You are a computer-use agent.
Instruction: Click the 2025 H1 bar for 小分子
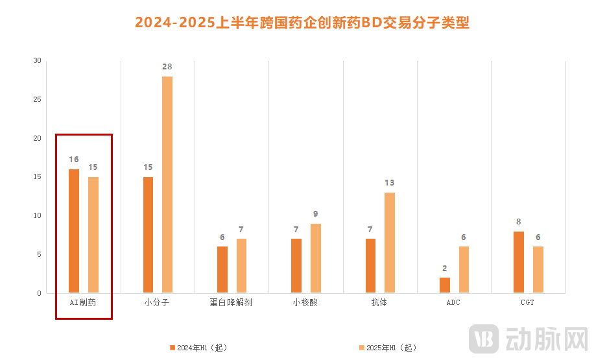pos(167,185)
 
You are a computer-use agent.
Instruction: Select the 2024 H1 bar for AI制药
pos(74,231)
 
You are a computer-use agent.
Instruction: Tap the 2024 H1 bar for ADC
pos(444,285)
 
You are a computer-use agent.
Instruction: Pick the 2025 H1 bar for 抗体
pos(389,243)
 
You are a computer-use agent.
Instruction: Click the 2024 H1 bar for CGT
pos(519,262)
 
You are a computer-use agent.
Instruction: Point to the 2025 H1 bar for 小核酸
pos(315,258)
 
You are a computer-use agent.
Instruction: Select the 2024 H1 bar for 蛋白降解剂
pos(222,270)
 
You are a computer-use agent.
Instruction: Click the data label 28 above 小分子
pos(167,67)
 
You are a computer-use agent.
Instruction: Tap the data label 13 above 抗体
pos(389,183)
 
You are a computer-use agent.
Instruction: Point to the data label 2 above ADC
pos(444,268)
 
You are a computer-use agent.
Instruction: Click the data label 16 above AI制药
pos(74,160)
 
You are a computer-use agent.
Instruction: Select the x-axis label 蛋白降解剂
pos(231,303)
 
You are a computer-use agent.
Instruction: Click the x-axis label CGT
pos(528,303)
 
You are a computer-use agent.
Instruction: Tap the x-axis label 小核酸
pos(305,303)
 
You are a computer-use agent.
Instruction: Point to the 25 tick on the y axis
pos(37,100)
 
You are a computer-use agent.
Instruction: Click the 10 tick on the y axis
pos(37,216)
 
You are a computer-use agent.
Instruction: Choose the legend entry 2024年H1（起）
pos(198,348)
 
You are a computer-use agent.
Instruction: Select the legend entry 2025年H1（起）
pos(387,348)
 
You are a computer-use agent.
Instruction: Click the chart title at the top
pos(302,23)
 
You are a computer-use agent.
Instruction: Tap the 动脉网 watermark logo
pos(528,338)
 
